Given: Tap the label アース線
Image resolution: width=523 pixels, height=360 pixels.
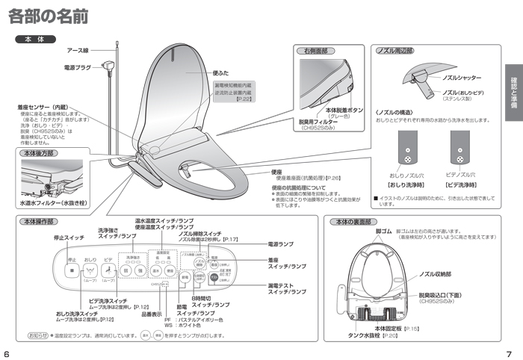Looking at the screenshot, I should [x=78, y=50].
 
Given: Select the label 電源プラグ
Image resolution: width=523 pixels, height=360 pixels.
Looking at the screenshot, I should [x=77, y=67].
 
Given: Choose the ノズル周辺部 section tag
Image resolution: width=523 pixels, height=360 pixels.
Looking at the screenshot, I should [x=394, y=51].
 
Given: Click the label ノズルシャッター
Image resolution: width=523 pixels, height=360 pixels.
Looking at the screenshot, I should [x=462, y=77].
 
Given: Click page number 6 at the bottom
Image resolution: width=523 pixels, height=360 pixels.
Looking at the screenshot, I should [x=6, y=353].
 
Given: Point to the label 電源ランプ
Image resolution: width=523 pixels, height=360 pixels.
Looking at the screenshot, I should [x=280, y=244].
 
